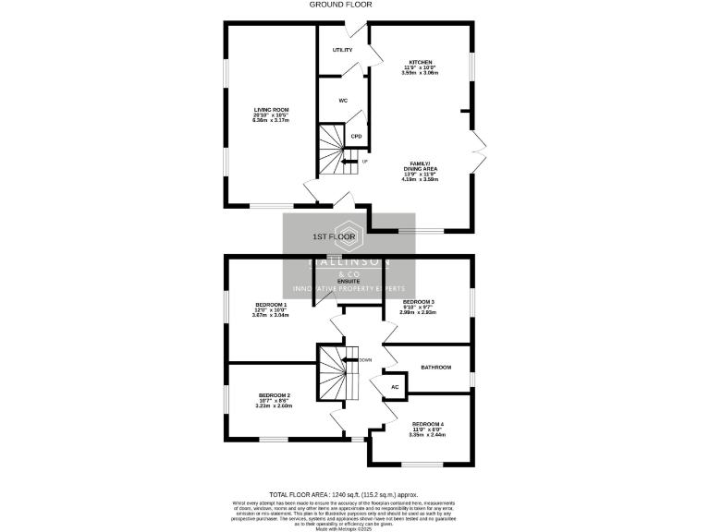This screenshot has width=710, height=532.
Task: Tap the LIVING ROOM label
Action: (271, 110)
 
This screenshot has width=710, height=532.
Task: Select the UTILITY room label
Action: (342, 50)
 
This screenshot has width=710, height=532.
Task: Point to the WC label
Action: (342, 100)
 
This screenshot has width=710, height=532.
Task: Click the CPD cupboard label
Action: (355, 138)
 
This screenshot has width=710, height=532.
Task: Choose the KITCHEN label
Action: (421, 62)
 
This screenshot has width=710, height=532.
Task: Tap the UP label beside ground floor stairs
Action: (364, 162)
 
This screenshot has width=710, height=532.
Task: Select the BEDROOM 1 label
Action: (271, 304)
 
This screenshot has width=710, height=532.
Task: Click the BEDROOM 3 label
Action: (418, 302)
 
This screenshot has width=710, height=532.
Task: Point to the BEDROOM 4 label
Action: (428, 424)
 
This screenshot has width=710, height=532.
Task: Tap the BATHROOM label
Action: (435, 368)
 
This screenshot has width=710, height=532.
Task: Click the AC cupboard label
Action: (395, 387)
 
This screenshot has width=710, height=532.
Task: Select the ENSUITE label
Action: (348, 281)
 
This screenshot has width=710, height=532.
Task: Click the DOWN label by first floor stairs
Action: (365, 359)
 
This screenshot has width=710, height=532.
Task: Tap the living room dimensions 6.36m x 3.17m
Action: (271, 120)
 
